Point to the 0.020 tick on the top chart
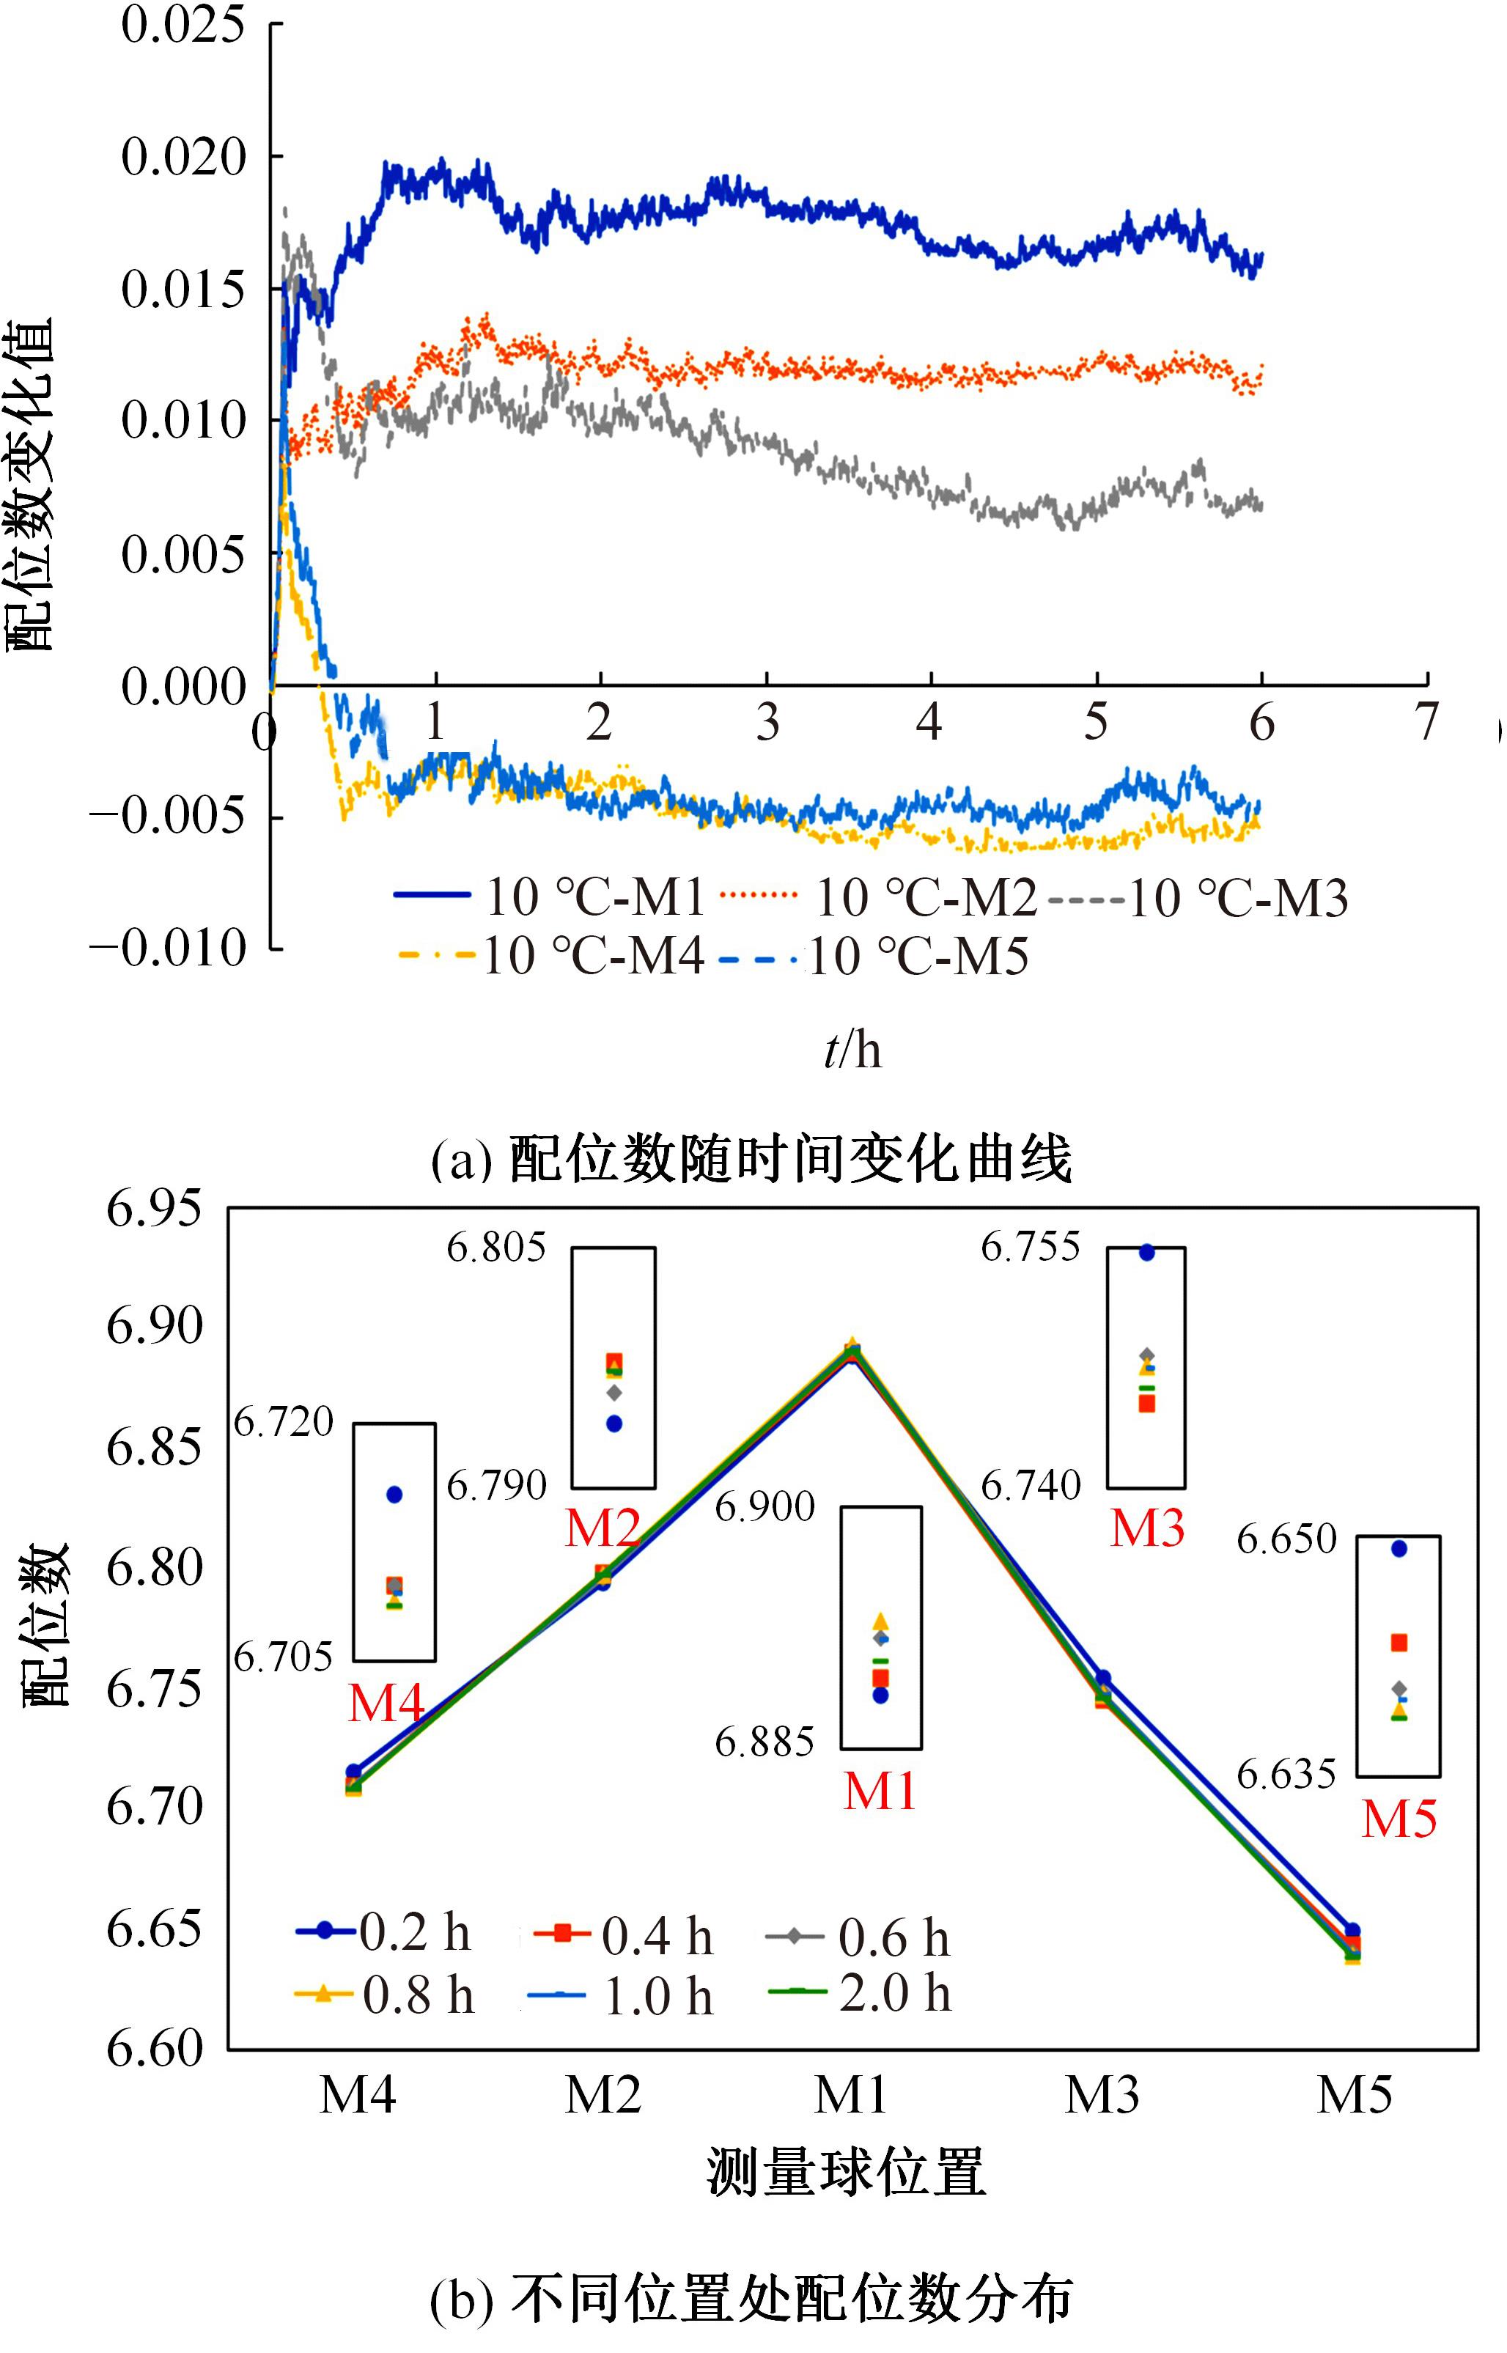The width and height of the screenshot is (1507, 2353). pos(183,157)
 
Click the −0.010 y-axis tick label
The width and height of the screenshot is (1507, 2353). pos(167,948)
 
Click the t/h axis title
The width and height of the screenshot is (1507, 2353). pos(852,1050)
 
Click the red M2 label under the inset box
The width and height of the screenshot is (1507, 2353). pos(602,1528)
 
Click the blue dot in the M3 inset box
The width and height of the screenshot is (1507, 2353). pos(1147,1252)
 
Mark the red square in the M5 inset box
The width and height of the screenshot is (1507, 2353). pos(1399,1643)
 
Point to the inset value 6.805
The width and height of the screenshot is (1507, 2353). pos(497,1248)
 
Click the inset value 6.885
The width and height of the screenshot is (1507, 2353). pos(764,1742)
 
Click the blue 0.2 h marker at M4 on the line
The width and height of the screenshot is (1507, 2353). pos(353,1772)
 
